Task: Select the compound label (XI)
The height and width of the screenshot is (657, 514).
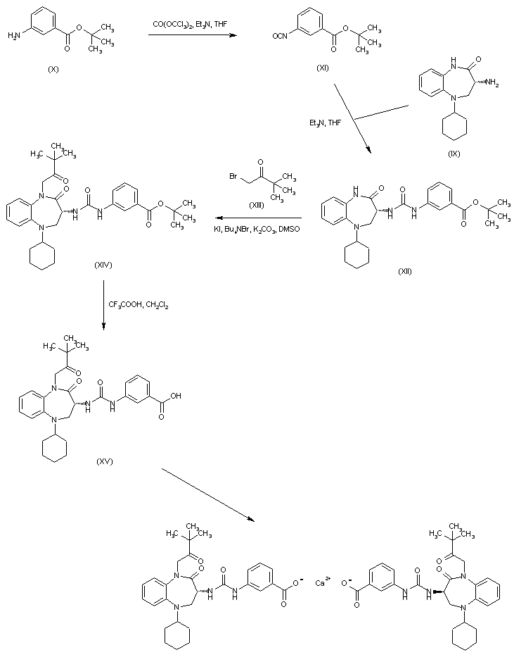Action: [323, 68]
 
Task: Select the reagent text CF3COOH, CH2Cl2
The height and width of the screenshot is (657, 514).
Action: [138, 305]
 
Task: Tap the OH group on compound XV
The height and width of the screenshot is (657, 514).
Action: [175, 396]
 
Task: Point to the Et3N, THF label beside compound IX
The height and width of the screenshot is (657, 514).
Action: [326, 123]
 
